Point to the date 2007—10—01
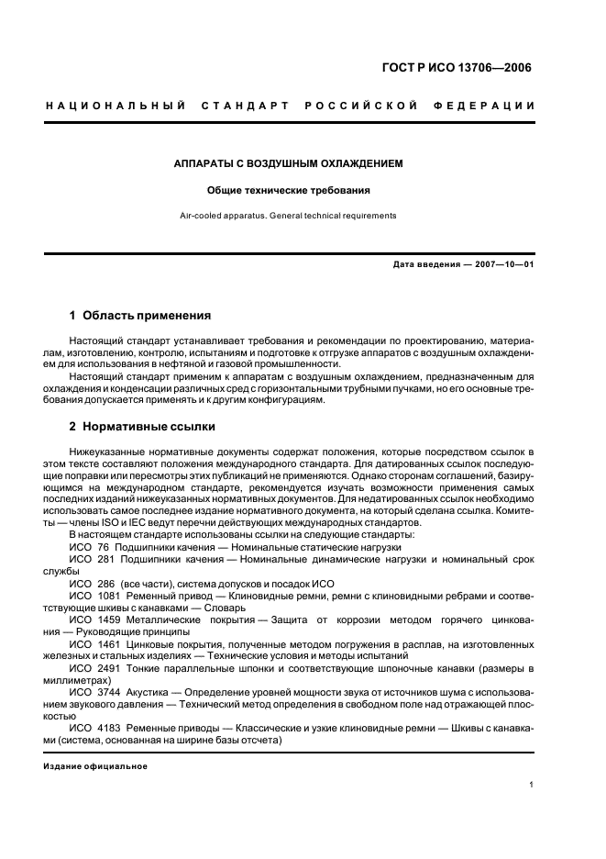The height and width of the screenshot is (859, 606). pyautogui.click(x=503, y=265)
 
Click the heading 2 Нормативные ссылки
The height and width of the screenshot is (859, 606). pyautogui.click(x=143, y=427)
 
